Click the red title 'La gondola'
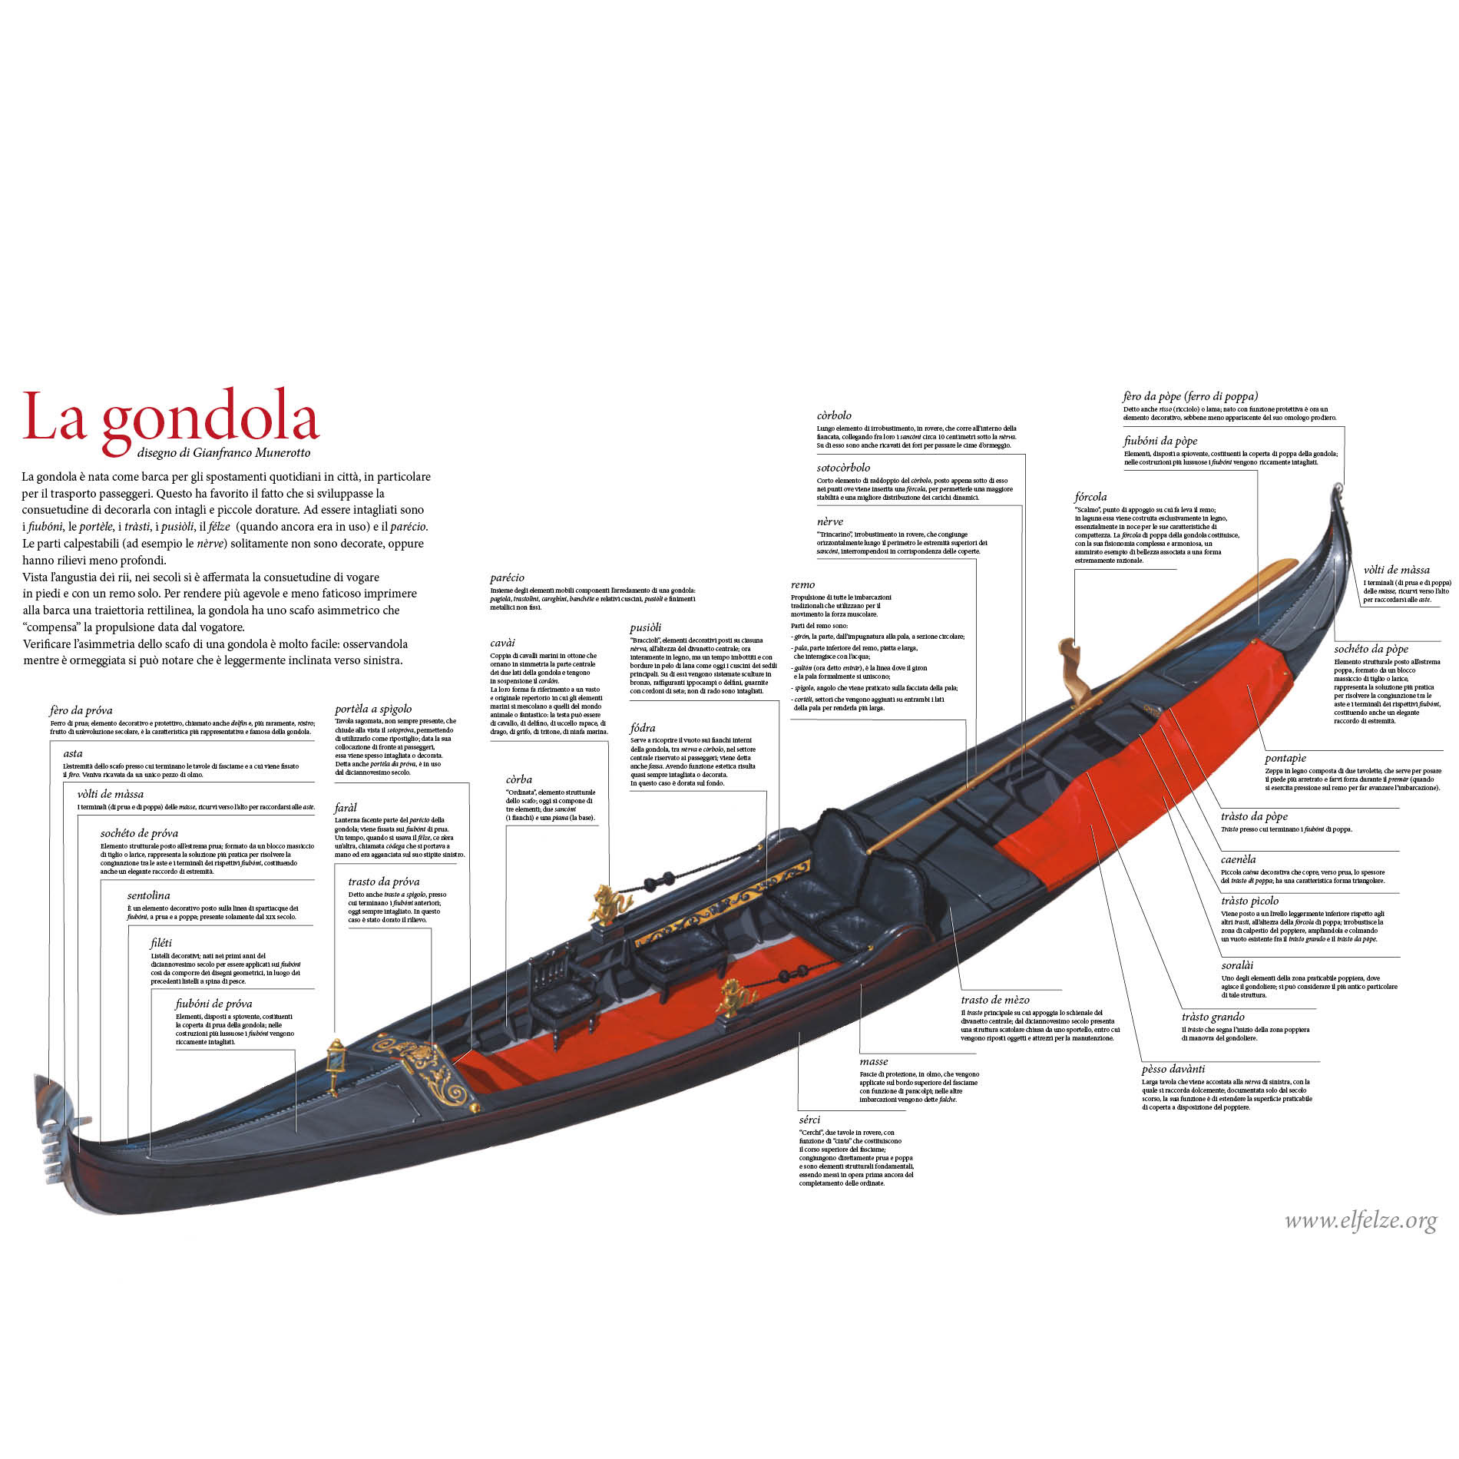point(170,419)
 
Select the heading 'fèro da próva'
point(81,710)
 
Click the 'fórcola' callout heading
point(1090,497)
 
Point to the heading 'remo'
point(802,584)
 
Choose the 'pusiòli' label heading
point(645,627)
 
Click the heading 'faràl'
point(346,808)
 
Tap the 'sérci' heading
point(809,1120)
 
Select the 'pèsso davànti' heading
point(1173,1069)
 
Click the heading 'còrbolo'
point(834,415)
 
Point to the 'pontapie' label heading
point(1285,758)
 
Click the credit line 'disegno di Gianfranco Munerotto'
point(224,453)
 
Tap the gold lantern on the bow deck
point(335,1064)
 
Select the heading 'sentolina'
point(148,895)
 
